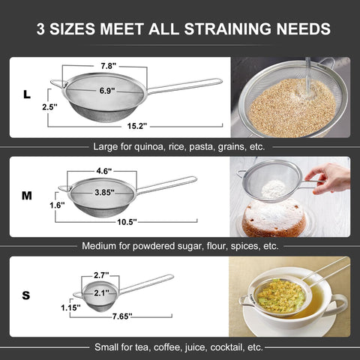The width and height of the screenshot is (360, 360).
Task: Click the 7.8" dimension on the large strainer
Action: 109,66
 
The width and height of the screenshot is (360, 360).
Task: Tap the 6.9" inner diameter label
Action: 107,91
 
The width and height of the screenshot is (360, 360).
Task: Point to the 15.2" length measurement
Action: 137,126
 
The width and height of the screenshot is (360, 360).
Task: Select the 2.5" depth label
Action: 49,107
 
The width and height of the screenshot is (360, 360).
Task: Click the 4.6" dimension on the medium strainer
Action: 104,171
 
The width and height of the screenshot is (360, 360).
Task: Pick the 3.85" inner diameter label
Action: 105,193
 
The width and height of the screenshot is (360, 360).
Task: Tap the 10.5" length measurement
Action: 127,222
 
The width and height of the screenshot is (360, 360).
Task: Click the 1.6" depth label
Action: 57,205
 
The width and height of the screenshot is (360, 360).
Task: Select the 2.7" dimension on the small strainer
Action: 101,275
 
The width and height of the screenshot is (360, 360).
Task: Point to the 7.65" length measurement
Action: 122,316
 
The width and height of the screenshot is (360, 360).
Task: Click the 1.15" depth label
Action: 70,307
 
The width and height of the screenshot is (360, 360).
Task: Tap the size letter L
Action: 27,94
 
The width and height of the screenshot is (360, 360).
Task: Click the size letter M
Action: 27,196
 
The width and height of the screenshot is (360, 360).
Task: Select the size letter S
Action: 26,295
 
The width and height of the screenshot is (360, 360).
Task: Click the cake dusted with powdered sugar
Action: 274,218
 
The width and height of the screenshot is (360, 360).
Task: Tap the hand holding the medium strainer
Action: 328,178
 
